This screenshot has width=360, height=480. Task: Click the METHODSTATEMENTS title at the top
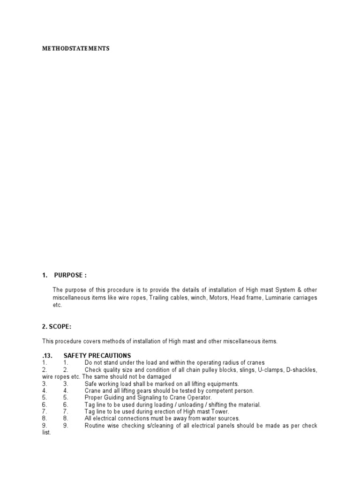tap(75, 48)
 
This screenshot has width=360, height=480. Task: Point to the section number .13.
tap(48, 355)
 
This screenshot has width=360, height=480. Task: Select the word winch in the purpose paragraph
tap(197, 298)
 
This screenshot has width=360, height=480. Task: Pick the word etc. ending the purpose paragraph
tap(57, 305)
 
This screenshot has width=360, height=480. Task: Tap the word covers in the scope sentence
tap(92, 341)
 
